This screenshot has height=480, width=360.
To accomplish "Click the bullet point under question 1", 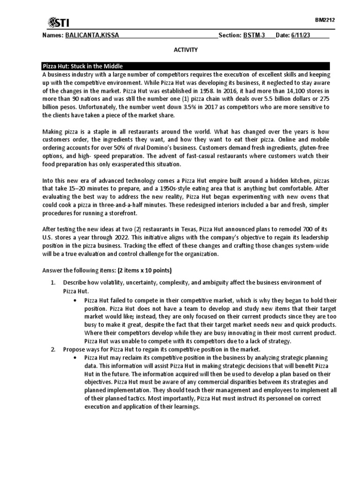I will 75,300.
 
